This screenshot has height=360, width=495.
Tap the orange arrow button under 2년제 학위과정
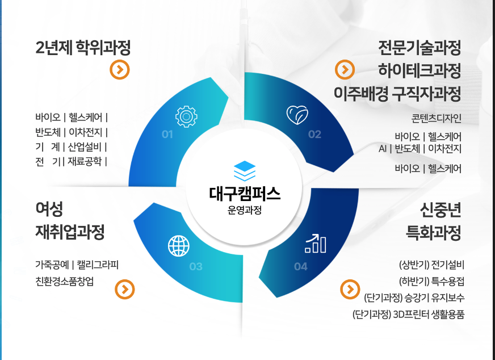tap(120, 70)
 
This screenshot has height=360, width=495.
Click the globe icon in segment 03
tap(179, 245)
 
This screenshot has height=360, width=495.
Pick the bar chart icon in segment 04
tap(316, 242)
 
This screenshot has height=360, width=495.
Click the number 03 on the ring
tap(196, 266)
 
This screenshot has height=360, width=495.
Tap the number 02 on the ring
tap(314, 135)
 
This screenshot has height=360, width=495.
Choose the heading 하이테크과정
tap(419, 70)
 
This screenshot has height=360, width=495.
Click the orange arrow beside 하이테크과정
tap(345, 70)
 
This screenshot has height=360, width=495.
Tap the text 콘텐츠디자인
tap(437, 119)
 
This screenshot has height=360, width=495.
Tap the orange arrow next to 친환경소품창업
tap(124, 290)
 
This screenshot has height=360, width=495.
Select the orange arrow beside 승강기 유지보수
tap(349, 289)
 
